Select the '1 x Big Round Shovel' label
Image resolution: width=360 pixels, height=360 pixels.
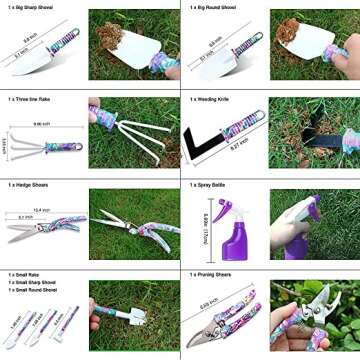click(213, 7)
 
